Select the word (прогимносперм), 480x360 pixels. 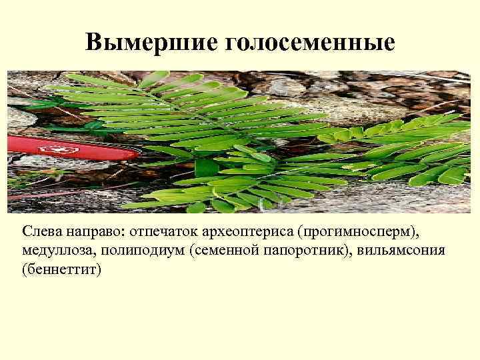[357, 233]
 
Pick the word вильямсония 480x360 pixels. [406, 251]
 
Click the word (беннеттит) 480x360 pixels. [61, 270]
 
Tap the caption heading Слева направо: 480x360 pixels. [73, 233]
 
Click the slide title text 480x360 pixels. [240, 43]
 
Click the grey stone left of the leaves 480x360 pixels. [20, 120]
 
